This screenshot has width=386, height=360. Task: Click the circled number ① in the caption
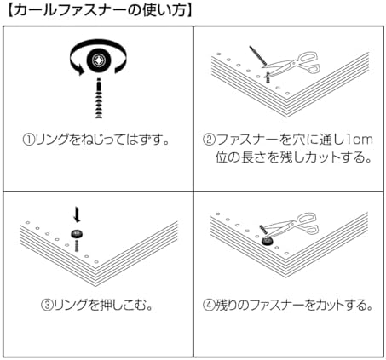[x=29, y=140]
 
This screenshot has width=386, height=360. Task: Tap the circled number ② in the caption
[x=209, y=140]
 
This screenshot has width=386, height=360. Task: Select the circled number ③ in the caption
[x=47, y=306]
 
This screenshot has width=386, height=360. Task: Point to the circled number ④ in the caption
[x=209, y=306]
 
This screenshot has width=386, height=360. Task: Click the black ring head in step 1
[x=99, y=60]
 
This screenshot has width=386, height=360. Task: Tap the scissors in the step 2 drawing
[x=292, y=64]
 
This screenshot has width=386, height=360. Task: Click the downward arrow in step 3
[x=77, y=215]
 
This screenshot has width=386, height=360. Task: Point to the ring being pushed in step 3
[x=76, y=234]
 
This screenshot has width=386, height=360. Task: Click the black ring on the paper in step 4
[x=267, y=241]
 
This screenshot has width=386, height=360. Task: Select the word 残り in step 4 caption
[x=226, y=306]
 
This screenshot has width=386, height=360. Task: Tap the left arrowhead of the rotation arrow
[x=80, y=70]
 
